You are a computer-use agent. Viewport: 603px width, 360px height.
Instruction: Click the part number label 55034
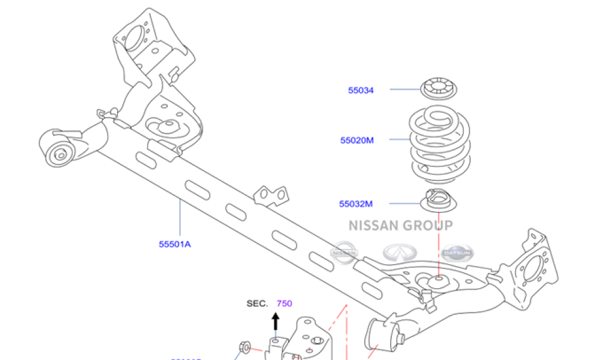[361, 90]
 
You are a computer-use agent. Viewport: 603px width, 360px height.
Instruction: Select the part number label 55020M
[357, 141]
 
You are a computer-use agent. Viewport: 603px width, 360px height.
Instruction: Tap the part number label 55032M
[356, 204]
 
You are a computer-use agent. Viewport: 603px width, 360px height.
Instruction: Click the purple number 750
[284, 303]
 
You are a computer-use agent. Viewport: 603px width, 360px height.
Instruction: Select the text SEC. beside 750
[257, 303]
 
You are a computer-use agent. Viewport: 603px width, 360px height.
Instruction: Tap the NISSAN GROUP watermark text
[400, 226]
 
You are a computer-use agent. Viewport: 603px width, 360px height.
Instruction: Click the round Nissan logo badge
[344, 252]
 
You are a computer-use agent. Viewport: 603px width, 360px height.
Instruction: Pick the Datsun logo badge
[458, 253]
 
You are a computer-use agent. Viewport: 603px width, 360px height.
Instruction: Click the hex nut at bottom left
[245, 347]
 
